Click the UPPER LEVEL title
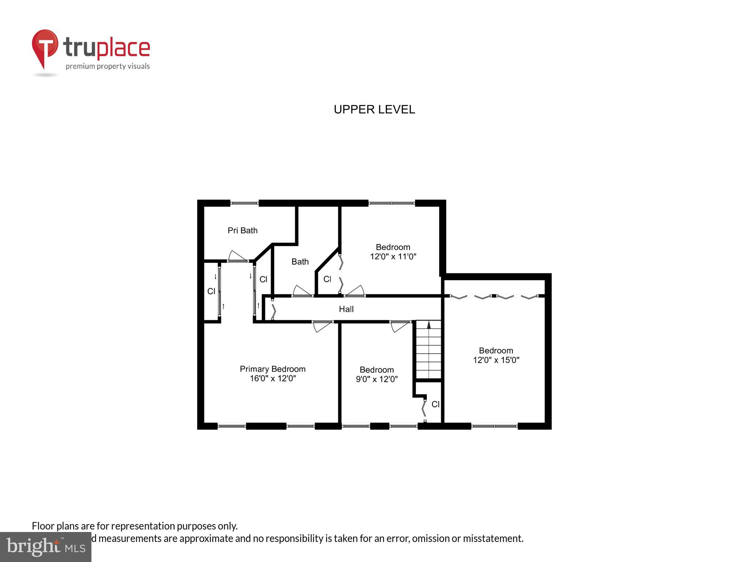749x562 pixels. (x=374, y=109)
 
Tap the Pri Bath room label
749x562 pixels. (x=242, y=231)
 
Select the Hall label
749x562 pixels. (x=346, y=309)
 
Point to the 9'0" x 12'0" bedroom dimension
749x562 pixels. (x=377, y=379)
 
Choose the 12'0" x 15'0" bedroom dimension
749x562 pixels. (x=496, y=360)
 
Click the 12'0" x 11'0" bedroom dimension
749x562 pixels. (x=393, y=256)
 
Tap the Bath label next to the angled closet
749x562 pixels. (x=300, y=262)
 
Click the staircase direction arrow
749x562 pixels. (x=429, y=325)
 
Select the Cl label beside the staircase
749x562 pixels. (x=435, y=404)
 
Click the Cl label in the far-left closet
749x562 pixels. (x=211, y=291)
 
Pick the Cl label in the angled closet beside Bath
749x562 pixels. (x=327, y=279)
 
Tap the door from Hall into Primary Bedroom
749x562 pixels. (x=322, y=326)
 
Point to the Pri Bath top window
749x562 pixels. (x=244, y=203)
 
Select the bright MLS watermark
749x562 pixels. (x=46, y=547)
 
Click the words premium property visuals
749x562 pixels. (x=108, y=66)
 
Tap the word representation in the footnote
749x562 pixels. (x=143, y=526)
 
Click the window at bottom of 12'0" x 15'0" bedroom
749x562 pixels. (x=494, y=426)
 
